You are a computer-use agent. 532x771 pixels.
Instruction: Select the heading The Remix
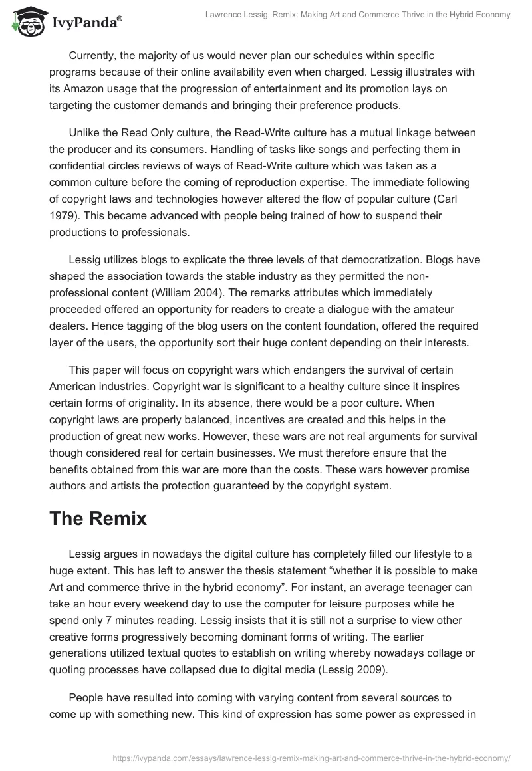pos(98,518)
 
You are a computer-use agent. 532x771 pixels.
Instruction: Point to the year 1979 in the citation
pos(63,198)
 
